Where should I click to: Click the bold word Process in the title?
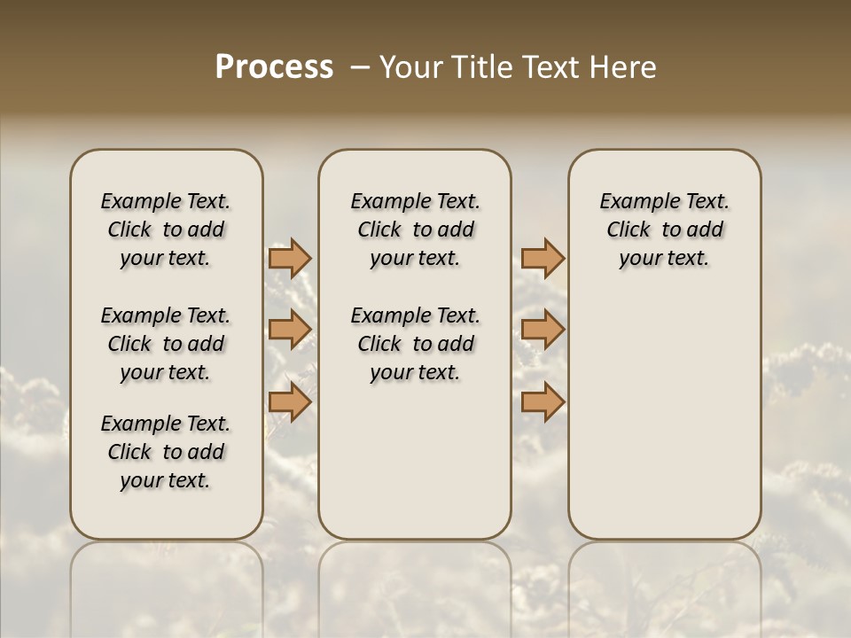pyautogui.click(x=274, y=67)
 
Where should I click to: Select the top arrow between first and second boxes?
pyautogui.click(x=289, y=259)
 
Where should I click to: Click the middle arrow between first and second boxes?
pyautogui.click(x=289, y=330)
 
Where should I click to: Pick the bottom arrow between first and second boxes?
pyautogui.click(x=289, y=402)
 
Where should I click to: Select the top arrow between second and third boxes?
pyautogui.click(x=543, y=259)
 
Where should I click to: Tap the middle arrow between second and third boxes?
pyautogui.click(x=543, y=330)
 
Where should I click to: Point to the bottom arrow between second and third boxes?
pyautogui.click(x=543, y=402)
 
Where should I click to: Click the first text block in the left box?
pyautogui.click(x=166, y=230)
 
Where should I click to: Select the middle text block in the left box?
pyautogui.click(x=166, y=344)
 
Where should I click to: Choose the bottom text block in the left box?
pyautogui.click(x=166, y=452)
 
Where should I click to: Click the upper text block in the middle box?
pyautogui.click(x=415, y=230)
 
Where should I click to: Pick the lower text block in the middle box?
pyautogui.click(x=415, y=344)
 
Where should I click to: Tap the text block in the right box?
pyautogui.click(x=665, y=230)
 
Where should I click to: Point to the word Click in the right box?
pyautogui.click(x=628, y=230)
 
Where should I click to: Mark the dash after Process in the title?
pyautogui.click(x=360, y=67)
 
